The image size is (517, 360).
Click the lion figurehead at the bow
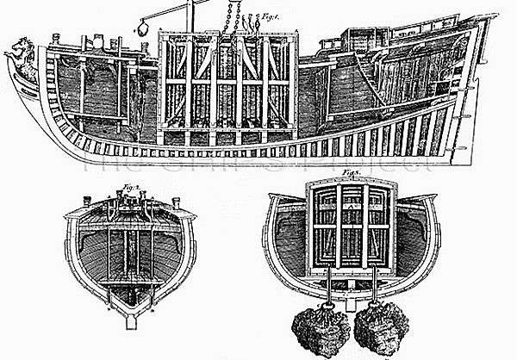19,59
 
